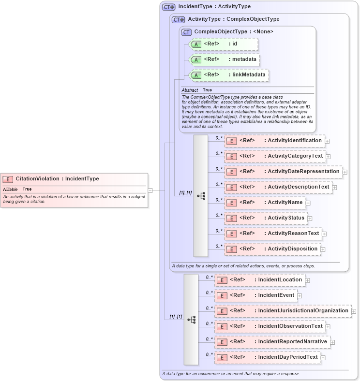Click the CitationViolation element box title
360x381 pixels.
[x=57, y=179]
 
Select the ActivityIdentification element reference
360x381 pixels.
[x=274, y=141]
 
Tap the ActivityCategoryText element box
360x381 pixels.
[x=274, y=156]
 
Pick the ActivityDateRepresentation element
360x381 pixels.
[x=283, y=172]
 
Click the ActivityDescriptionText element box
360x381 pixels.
[x=278, y=187]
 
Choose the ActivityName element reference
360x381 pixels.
[x=264, y=203]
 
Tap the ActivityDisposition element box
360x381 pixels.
[x=272, y=249]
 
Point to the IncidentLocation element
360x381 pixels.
[x=259, y=280]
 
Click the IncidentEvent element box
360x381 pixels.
[x=255, y=295]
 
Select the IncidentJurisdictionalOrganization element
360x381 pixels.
[x=283, y=311]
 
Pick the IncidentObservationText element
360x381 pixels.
[x=270, y=326]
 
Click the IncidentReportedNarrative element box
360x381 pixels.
[x=272, y=342]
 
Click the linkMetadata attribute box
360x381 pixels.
[x=229, y=75]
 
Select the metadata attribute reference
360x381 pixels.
[x=224, y=59]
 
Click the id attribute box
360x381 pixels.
[x=223, y=44]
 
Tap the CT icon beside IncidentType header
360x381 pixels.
[x=168, y=7]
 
